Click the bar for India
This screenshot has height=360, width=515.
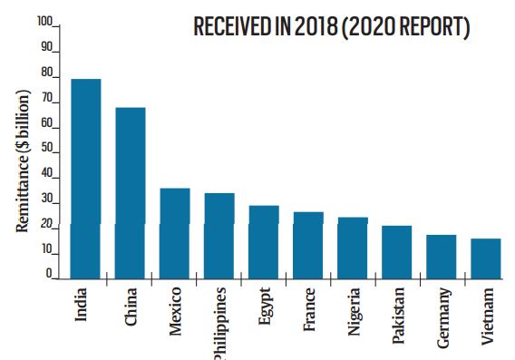(x=85, y=179)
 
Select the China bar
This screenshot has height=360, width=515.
(x=130, y=193)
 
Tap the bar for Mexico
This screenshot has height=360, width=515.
(x=174, y=234)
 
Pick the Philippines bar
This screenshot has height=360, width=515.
(x=219, y=236)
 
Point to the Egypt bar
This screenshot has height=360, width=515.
(x=264, y=242)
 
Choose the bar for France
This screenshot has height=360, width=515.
(x=308, y=246)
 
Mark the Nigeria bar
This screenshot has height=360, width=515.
(x=353, y=248)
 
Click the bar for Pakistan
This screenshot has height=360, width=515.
(x=397, y=253)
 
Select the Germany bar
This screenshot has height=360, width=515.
(x=442, y=258)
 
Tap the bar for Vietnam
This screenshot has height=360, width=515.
(x=486, y=258)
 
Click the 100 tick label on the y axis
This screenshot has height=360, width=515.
(x=44, y=22)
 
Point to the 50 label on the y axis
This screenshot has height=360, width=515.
(x=46, y=148)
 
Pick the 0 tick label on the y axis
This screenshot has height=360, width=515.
(x=49, y=274)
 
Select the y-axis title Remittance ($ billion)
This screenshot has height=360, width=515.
(x=23, y=161)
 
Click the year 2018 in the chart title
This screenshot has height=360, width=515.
(x=316, y=26)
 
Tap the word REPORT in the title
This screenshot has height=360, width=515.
(x=432, y=26)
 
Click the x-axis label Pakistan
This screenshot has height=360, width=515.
(x=398, y=316)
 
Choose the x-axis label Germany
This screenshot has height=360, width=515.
(x=443, y=317)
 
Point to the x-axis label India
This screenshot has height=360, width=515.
(x=81, y=304)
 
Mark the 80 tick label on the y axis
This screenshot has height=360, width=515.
(x=46, y=73)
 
